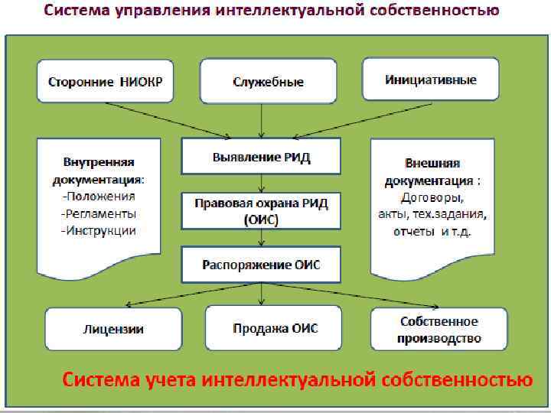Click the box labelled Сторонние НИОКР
coord(99,82)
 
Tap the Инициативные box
coord(430,80)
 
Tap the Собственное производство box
coord(439,329)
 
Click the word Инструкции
coord(100,230)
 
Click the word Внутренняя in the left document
coord(97,163)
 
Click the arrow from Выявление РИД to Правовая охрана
coord(262,184)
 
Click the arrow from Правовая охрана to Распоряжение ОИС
coord(262,239)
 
